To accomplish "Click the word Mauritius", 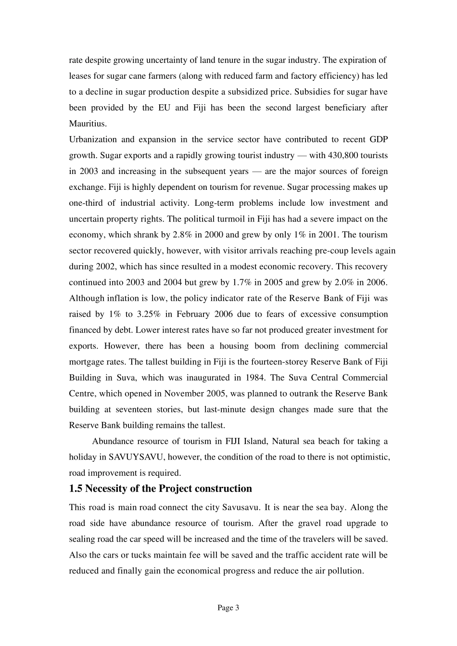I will pos(87,124).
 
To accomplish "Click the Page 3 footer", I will pos(228,608).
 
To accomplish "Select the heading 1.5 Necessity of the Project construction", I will pos(160,488).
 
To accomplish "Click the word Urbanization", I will pos(93,139).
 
